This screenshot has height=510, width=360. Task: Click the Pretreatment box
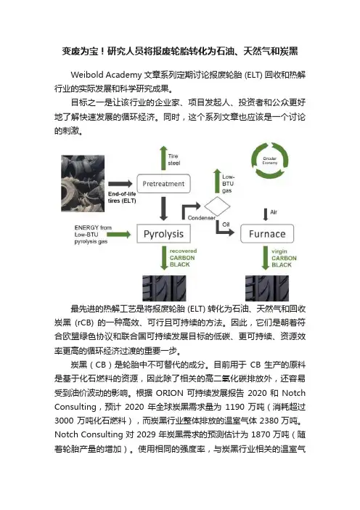(163, 184)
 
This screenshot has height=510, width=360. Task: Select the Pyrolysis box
(163, 233)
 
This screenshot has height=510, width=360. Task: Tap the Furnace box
(267, 233)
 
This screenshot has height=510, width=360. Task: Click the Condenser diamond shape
(217, 206)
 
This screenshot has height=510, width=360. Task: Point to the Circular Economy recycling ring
(270, 161)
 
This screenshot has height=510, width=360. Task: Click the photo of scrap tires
(83, 184)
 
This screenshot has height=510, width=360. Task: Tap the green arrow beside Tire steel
(163, 158)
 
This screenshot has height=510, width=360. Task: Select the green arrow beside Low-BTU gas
(217, 181)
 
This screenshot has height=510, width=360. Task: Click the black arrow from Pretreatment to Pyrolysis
(163, 209)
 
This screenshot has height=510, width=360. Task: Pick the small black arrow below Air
(266, 214)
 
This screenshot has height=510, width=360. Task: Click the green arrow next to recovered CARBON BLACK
(164, 258)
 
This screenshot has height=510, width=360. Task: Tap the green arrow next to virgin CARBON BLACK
(266, 258)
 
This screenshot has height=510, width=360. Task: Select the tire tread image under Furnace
(267, 288)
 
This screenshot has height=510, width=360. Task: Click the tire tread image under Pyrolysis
(164, 288)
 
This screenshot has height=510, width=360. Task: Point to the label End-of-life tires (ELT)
(122, 198)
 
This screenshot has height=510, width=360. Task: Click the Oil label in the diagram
(226, 224)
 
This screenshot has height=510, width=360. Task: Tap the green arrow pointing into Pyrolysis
(118, 234)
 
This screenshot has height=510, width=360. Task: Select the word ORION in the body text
(170, 393)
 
